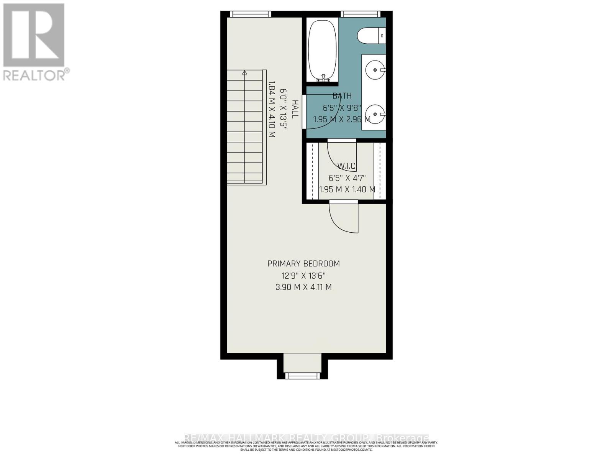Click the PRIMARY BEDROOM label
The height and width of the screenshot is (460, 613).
tap(303, 264)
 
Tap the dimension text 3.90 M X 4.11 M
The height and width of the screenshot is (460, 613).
tap(303, 287)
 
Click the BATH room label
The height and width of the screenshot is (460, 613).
tap(342, 96)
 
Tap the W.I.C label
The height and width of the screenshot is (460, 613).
tap(346, 166)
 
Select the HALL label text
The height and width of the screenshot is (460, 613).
tap(295, 109)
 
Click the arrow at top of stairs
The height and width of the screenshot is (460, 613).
tap(245, 72)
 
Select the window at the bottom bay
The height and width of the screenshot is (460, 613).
tap(302, 375)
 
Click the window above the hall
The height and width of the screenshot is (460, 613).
tap(250, 14)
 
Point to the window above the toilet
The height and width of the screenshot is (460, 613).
tap(361, 14)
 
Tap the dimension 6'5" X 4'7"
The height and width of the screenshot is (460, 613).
tap(347, 178)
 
